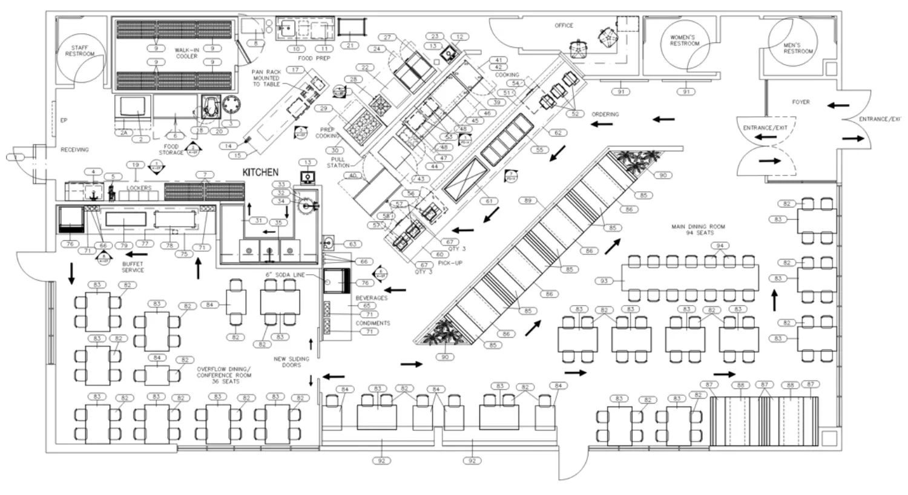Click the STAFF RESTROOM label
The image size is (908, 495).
point(80,51)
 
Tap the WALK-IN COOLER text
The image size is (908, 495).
point(186,53)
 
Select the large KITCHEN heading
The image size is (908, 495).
point(260,172)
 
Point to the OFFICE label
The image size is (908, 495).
point(564,25)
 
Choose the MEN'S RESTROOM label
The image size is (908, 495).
point(798,48)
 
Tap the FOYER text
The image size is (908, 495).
point(800,102)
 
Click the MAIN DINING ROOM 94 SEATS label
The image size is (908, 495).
point(697,230)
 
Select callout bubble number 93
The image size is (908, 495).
point(604,281)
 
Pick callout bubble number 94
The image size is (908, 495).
point(720,246)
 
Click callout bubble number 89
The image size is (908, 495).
point(527,200)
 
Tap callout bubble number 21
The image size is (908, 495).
point(350,45)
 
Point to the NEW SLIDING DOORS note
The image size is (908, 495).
point(291,362)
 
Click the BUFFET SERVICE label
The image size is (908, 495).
point(133,267)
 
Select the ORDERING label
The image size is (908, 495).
point(605,114)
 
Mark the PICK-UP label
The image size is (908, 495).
point(450,263)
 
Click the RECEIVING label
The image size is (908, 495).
point(74,149)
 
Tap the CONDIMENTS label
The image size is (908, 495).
point(372,323)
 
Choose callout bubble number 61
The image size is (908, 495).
point(488,201)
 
